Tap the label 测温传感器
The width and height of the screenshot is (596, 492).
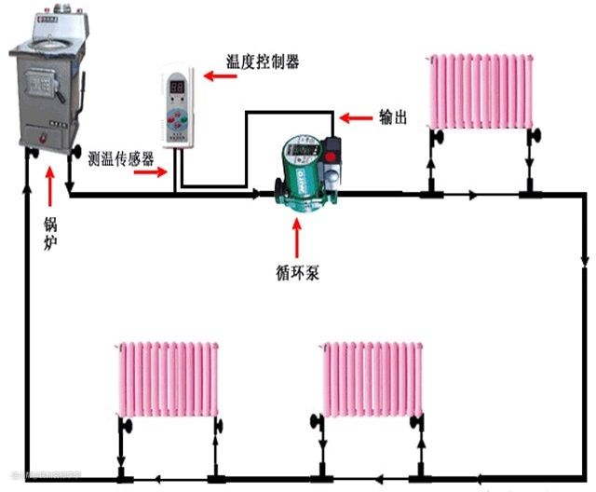[x=120, y=158]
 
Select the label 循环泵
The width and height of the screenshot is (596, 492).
[x=298, y=274]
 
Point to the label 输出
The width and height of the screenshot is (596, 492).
[x=394, y=117]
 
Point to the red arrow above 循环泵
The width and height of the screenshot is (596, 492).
[x=297, y=239]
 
